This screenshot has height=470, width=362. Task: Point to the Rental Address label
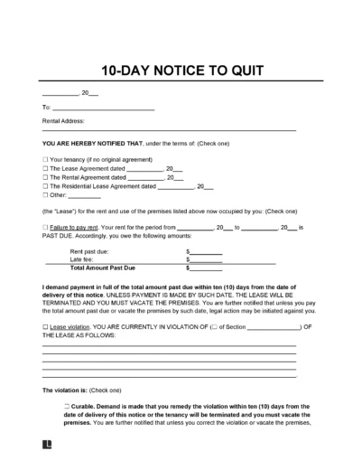point(64,120)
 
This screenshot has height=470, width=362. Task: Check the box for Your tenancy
point(44,159)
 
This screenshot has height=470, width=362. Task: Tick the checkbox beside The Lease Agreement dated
point(44,169)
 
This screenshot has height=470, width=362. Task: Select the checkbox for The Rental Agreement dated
point(44,178)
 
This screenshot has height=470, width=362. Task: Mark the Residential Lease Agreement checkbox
point(44,187)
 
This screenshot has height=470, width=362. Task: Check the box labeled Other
point(44,196)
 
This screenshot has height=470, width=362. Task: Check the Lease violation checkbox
point(44,326)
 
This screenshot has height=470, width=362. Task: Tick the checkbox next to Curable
point(68,408)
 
